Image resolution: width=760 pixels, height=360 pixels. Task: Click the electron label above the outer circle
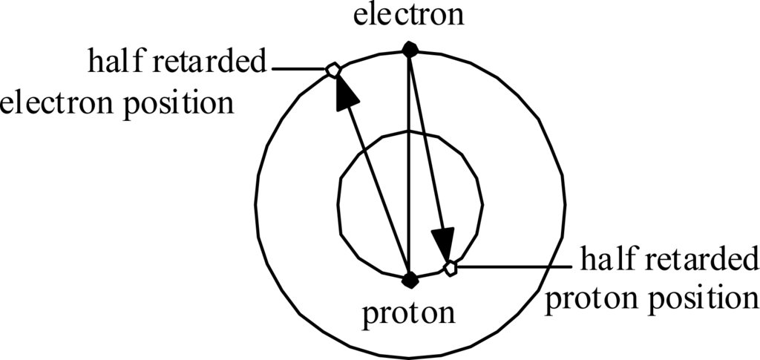coord(409,15)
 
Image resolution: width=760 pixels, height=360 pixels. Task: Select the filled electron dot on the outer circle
coord(409,49)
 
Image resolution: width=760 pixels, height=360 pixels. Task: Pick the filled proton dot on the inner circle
coord(409,280)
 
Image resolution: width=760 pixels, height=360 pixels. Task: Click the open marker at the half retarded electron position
coord(332,70)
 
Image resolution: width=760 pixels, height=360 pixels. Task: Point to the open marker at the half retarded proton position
coord(450,267)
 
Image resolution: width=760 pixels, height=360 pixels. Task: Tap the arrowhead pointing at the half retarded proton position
coord(443,243)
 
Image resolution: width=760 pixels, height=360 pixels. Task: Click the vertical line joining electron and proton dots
coord(409,163)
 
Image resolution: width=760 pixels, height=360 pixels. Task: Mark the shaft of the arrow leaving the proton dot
coord(375,186)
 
